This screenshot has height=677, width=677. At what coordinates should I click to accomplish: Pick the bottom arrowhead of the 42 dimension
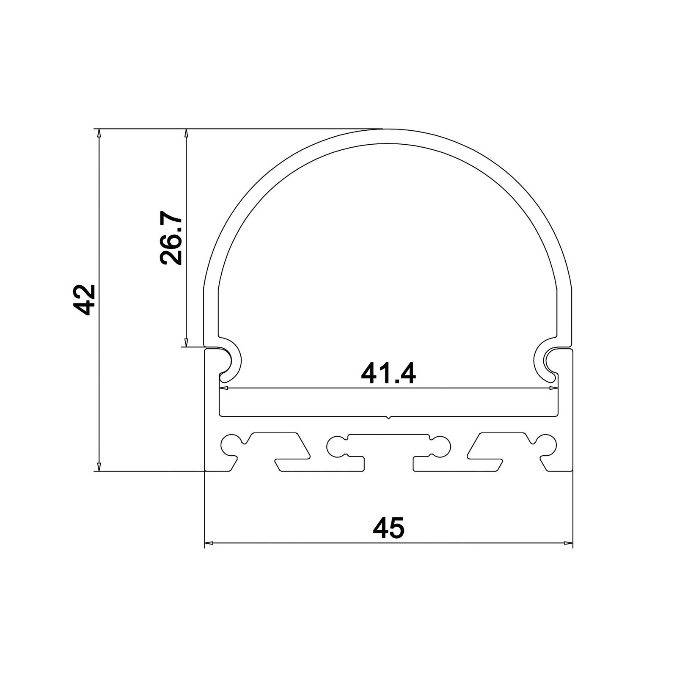coord(99,466)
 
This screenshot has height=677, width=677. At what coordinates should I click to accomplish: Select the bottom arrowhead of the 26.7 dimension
coord(185,343)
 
